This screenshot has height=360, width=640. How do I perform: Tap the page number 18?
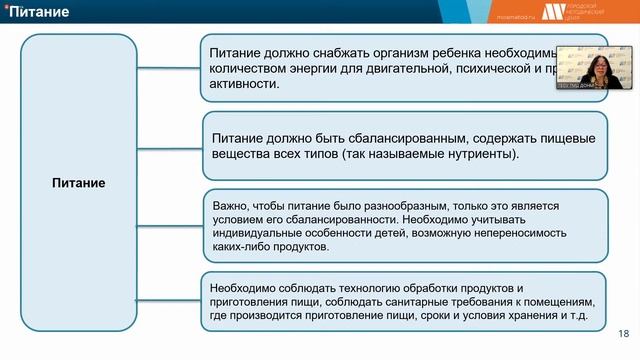pyautogui.click(x=624, y=334)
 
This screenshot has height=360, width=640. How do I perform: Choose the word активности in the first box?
pyautogui.click(x=244, y=85)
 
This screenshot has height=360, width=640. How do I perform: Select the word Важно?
pyautogui.click(x=228, y=205)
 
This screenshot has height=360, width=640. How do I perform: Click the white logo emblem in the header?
pyautogui.click(x=552, y=11)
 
